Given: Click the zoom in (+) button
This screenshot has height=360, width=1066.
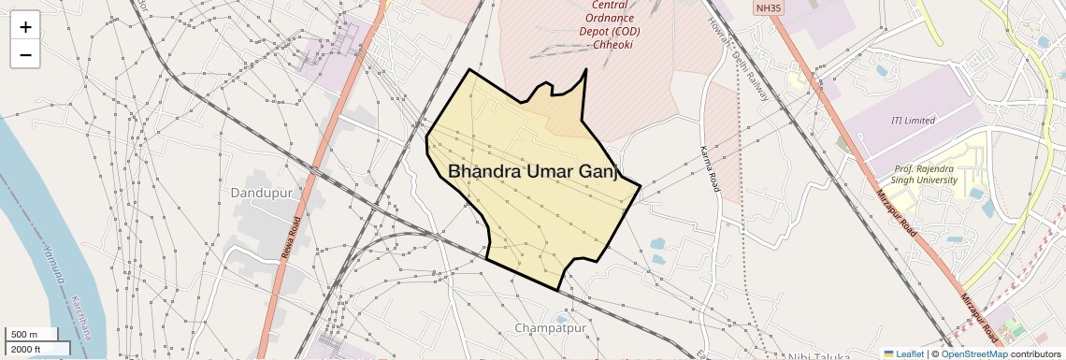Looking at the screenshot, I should pos(25,26).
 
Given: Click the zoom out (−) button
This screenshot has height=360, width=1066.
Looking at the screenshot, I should pos(25,54).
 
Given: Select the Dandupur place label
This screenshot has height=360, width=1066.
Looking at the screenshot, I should pos(262,193).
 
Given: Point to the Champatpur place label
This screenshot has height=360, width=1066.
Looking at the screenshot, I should pos(550,328).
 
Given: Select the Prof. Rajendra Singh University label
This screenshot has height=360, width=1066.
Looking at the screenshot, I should pos(926,174).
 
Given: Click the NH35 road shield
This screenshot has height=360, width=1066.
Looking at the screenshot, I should pos(769,7).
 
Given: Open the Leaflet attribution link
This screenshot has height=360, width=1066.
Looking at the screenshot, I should pos(903,353).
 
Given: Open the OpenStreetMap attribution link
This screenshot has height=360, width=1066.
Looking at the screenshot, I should pos(973,353).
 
